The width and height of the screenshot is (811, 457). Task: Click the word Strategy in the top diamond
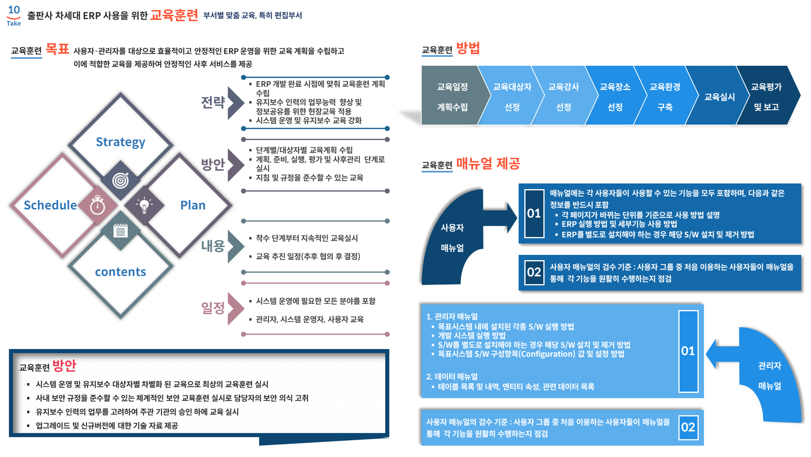120,142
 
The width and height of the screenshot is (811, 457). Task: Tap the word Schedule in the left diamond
50,205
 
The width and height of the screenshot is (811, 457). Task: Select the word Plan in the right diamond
193,205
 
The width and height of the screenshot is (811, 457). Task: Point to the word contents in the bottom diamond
120,272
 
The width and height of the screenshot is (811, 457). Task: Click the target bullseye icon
120,180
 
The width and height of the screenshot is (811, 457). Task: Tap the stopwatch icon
98,205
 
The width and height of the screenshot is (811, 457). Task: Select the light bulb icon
144,205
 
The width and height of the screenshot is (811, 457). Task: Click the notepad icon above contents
120,231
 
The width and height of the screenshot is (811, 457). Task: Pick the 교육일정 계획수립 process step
453,97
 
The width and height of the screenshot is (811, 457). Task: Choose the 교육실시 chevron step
719,97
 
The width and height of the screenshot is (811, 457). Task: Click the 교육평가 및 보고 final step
767,97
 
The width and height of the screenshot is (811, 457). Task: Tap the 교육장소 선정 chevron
615,97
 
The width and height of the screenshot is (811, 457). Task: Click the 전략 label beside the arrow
213,102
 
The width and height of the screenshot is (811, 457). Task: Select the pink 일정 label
213,308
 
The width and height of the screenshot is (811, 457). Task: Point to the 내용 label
213,246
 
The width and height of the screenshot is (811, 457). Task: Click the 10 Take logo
14,15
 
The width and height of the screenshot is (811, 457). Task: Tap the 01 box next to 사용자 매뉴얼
534,214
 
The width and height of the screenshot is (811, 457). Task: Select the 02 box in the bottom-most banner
688,427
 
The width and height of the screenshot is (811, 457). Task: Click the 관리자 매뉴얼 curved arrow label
770,376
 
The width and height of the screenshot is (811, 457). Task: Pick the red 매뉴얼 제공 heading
488,164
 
